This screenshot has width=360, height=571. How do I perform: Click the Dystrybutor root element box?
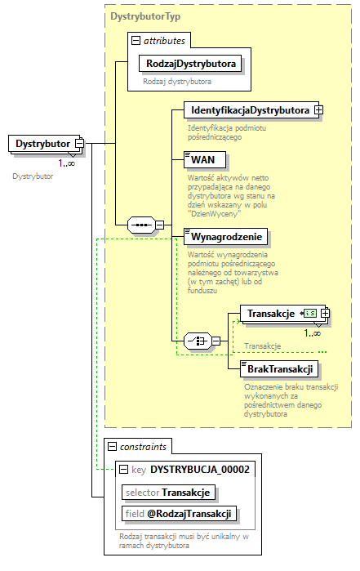[42, 145]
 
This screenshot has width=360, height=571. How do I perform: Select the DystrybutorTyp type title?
[145, 15]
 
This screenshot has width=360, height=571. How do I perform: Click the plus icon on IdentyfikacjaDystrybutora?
[318, 109]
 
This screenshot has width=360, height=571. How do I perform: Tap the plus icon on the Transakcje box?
[326, 313]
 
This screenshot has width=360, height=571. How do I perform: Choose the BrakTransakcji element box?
[280, 370]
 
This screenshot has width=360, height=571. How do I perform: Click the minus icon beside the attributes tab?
[136, 39]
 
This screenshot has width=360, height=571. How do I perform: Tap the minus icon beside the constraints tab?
[112, 446]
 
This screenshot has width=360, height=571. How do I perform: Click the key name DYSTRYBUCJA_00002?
[199, 469]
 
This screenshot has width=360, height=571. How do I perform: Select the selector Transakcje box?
[168, 492]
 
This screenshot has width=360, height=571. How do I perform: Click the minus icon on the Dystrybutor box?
[79, 145]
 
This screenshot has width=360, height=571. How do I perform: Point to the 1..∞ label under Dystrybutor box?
[66, 163]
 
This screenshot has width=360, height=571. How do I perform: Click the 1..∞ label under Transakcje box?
[312, 332]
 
